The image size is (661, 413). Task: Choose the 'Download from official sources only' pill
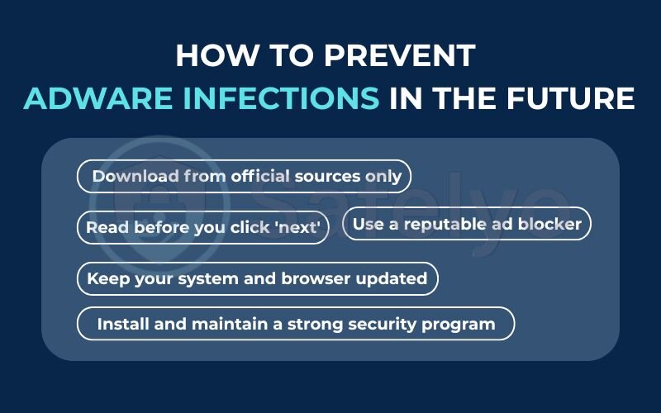pyautogui.click(x=245, y=176)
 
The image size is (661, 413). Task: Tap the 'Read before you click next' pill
pyautogui.click(x=203, y=227)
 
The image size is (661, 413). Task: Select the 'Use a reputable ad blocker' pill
pyautogui.click(x=467, y=223)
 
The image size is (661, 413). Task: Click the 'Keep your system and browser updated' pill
pyautogui.click(x=257, y=278)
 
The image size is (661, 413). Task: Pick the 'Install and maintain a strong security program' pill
pyautogui.click(x=296, y=324)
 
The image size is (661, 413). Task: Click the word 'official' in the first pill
pyautogui.click(x=260, y=176)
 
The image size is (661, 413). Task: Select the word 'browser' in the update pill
pyautogui.click(x=318, y=278)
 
